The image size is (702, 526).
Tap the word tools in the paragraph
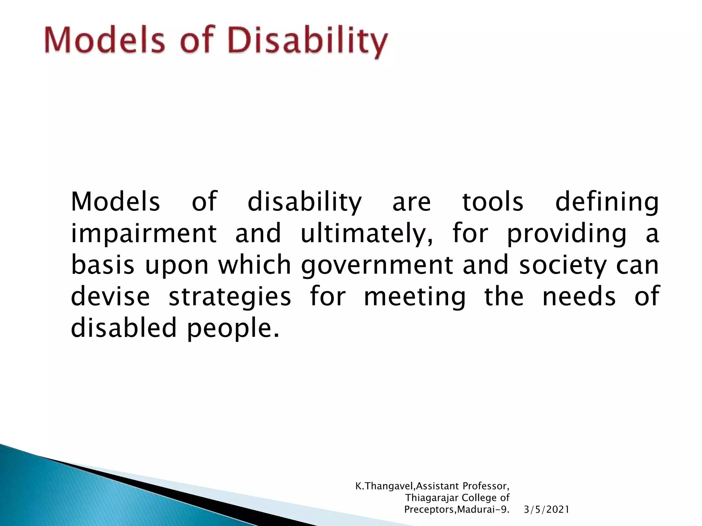(493, 202)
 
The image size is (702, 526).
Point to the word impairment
(144, 234)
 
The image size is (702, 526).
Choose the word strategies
(230, 297)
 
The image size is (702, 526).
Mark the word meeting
(415, 297)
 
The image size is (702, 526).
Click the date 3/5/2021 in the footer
(547, 510)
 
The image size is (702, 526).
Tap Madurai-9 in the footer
(483, 510)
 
